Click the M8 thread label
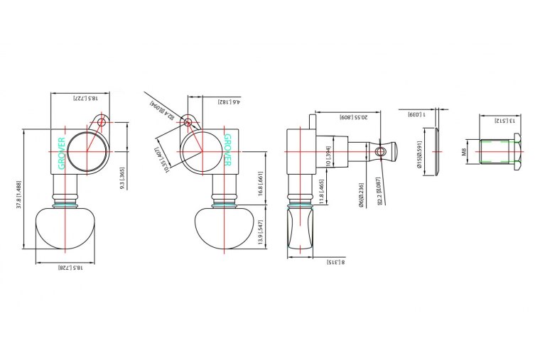pyautogui.click(x=463, y=152)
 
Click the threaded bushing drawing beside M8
pyautogui.click(x=500, y=152)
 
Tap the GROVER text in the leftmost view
pyautogui.click(x=62, y=153)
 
